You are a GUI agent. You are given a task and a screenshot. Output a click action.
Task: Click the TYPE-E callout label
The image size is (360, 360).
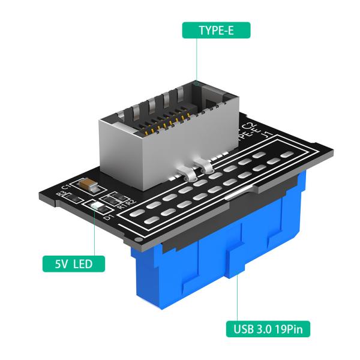tap(215, 31)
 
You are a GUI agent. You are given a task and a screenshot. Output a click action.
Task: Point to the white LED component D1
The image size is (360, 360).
tap(98, 209)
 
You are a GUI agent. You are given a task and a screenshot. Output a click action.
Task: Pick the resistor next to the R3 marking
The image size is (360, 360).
tap(71, 193)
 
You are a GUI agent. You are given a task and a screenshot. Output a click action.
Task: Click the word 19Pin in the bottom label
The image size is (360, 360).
tap(292, 329)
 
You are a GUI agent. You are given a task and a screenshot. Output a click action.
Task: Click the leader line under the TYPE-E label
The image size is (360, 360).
tap(196, 60)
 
